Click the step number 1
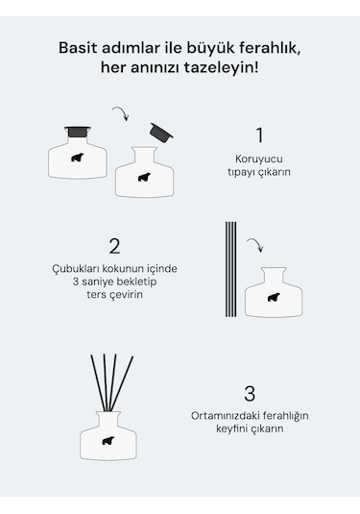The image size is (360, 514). (x=259, y=135)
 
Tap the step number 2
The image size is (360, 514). (x=114, y=246)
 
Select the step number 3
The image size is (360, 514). (x=250, y=394)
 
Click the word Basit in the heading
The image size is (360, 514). (x=78, y=48)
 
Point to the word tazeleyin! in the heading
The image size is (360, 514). (x=221, y=68)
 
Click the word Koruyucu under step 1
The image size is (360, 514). (x=259, y=159)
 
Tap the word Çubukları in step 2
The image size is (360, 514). (x=75, y=269)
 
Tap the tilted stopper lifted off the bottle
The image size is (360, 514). (x=161, y=133)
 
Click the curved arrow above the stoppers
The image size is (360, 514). (x=121, y=112)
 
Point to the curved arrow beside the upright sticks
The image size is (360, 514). (x=255, y=244)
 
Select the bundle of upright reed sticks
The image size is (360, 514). (x=230, y=269)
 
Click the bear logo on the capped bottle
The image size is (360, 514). (x=78, y=158)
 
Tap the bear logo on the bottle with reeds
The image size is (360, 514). (x=108, y=441)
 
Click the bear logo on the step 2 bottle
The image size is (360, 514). (x=274, y=297)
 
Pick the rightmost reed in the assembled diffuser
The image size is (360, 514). (x=122, y=384)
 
